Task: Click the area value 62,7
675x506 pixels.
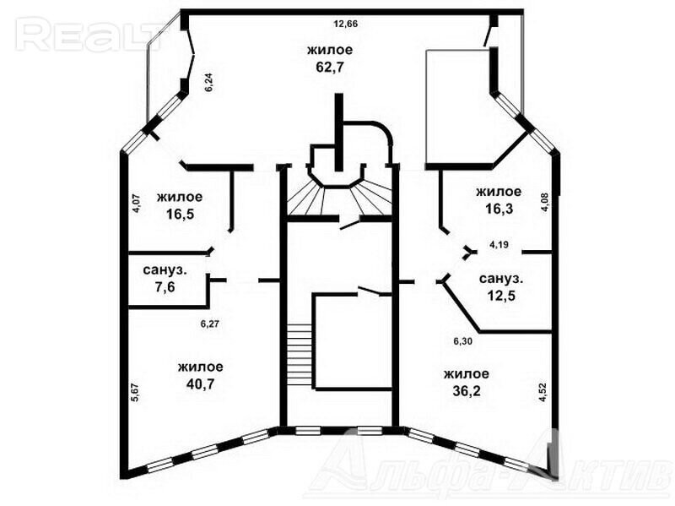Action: [330, 68]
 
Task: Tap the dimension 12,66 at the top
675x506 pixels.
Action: [346, 24]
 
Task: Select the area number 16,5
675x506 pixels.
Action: [180, 215]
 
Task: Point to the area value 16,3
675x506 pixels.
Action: [499, 209]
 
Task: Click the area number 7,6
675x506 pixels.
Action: [165, 287]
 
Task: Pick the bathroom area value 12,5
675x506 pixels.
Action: [501, 297]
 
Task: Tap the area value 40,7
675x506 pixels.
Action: [200, 384]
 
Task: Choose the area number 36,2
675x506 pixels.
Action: [467, 390]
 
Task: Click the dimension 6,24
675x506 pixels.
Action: [209, 82]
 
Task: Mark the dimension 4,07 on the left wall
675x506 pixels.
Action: [136, 204]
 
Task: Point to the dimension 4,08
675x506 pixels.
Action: [546, 202]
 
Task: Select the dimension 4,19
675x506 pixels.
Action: [499, 245]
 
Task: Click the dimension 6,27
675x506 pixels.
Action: [210, 324]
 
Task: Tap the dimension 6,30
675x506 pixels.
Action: [462, 341]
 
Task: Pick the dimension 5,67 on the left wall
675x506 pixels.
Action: [135, 393]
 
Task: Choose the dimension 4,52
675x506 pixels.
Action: [543, 393]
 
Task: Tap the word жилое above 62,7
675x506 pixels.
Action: [330, 50]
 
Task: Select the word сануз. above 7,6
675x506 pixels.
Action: [165, 270]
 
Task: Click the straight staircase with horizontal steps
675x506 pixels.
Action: [300, 356]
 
